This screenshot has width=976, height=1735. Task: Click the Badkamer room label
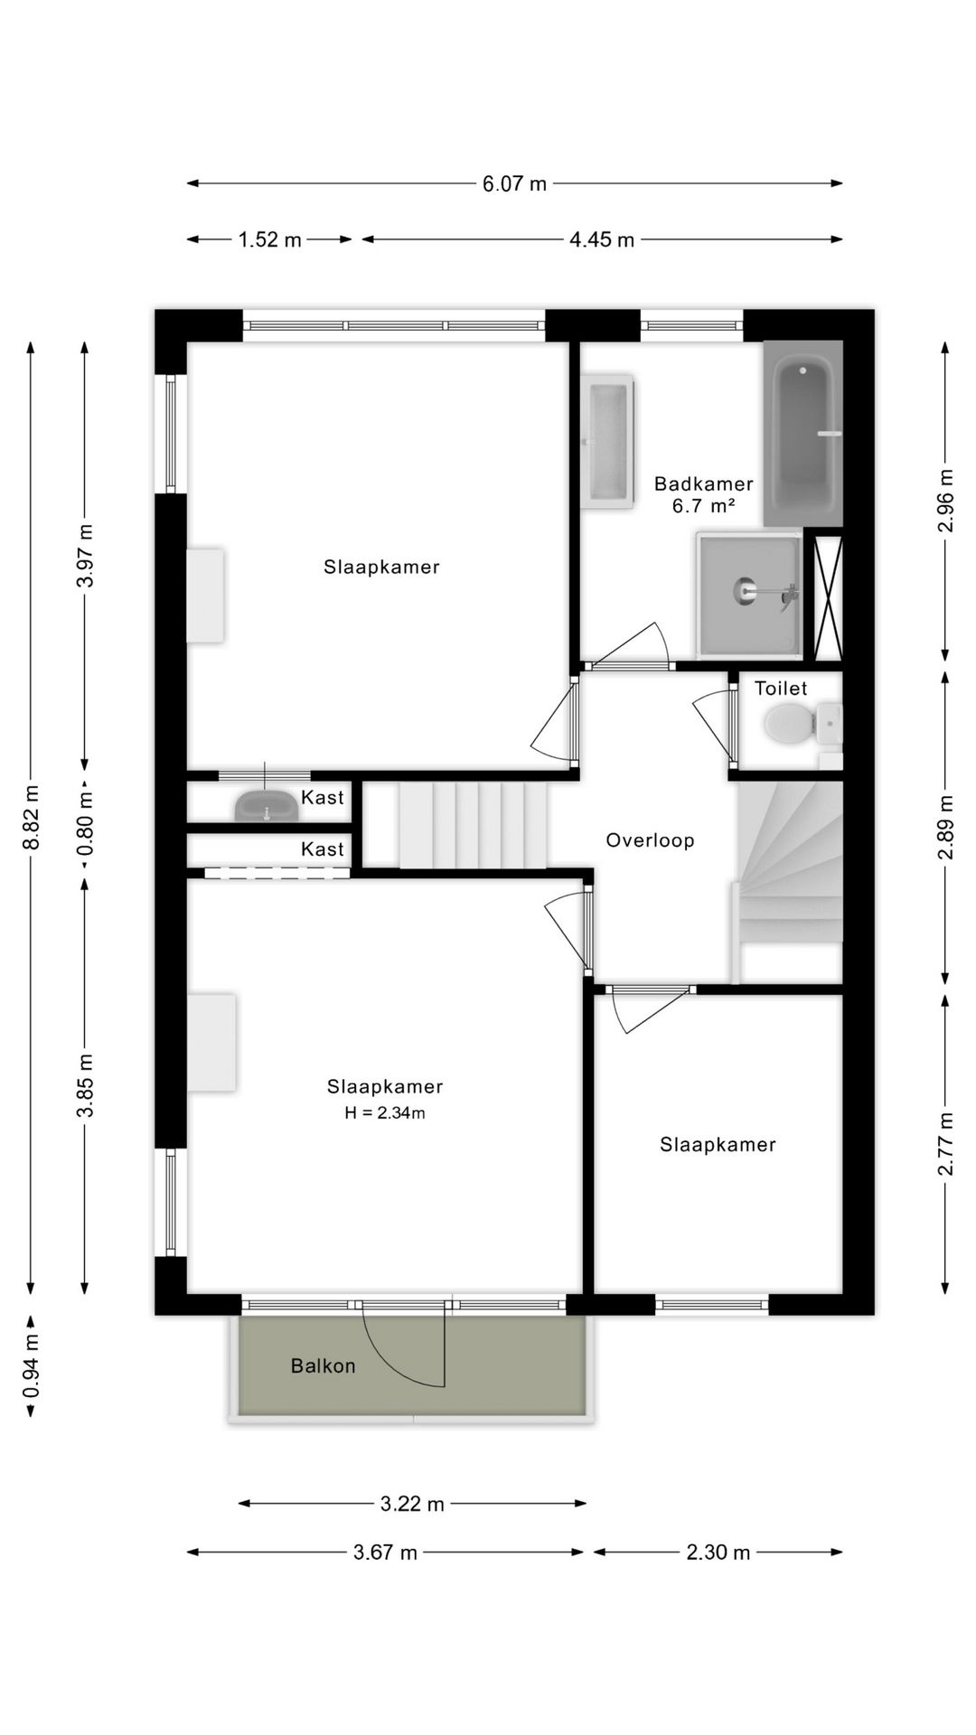pyautogui.click(x=703, y=483)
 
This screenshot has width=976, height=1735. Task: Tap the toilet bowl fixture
pyautogui.click(x=787, y=724)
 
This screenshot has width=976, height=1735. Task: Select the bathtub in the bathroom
pyautogui.click(x=802, y=434)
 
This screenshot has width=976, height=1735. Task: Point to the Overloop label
pyautogui.click(x=650, y=840)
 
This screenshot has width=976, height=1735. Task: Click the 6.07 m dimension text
pyautogui.click(x=514, y=184)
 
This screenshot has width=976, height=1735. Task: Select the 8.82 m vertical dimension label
pyautogui.click(x=32, y=816)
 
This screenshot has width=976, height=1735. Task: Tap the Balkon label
pyautogui.click(x=323, y=1365)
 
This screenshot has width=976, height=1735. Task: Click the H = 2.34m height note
pyautogui.click(x=384, y=1113)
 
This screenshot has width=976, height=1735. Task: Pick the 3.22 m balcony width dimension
pyautogui.click(x=412, y=1504)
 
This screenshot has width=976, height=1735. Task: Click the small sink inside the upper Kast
pyautogui.click(x=267, y=805)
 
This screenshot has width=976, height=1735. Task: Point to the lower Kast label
pyautogui.click(x=323, y=849)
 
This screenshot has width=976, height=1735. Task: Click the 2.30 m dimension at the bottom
pyautogui.click(x=718, y=1552)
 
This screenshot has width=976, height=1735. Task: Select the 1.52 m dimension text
pyautogui.click(x=270, y=240)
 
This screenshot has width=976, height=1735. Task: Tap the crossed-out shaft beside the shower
pyautogui.click(x=828, y=597)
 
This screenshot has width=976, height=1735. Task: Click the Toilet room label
pyautogui.click(x=781, y=689)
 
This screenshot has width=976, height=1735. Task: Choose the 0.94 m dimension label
pyautogui.click(x=32, y=1365)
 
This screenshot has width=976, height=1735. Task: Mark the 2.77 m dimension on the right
pyautogui.click(x=945, y=1143)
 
